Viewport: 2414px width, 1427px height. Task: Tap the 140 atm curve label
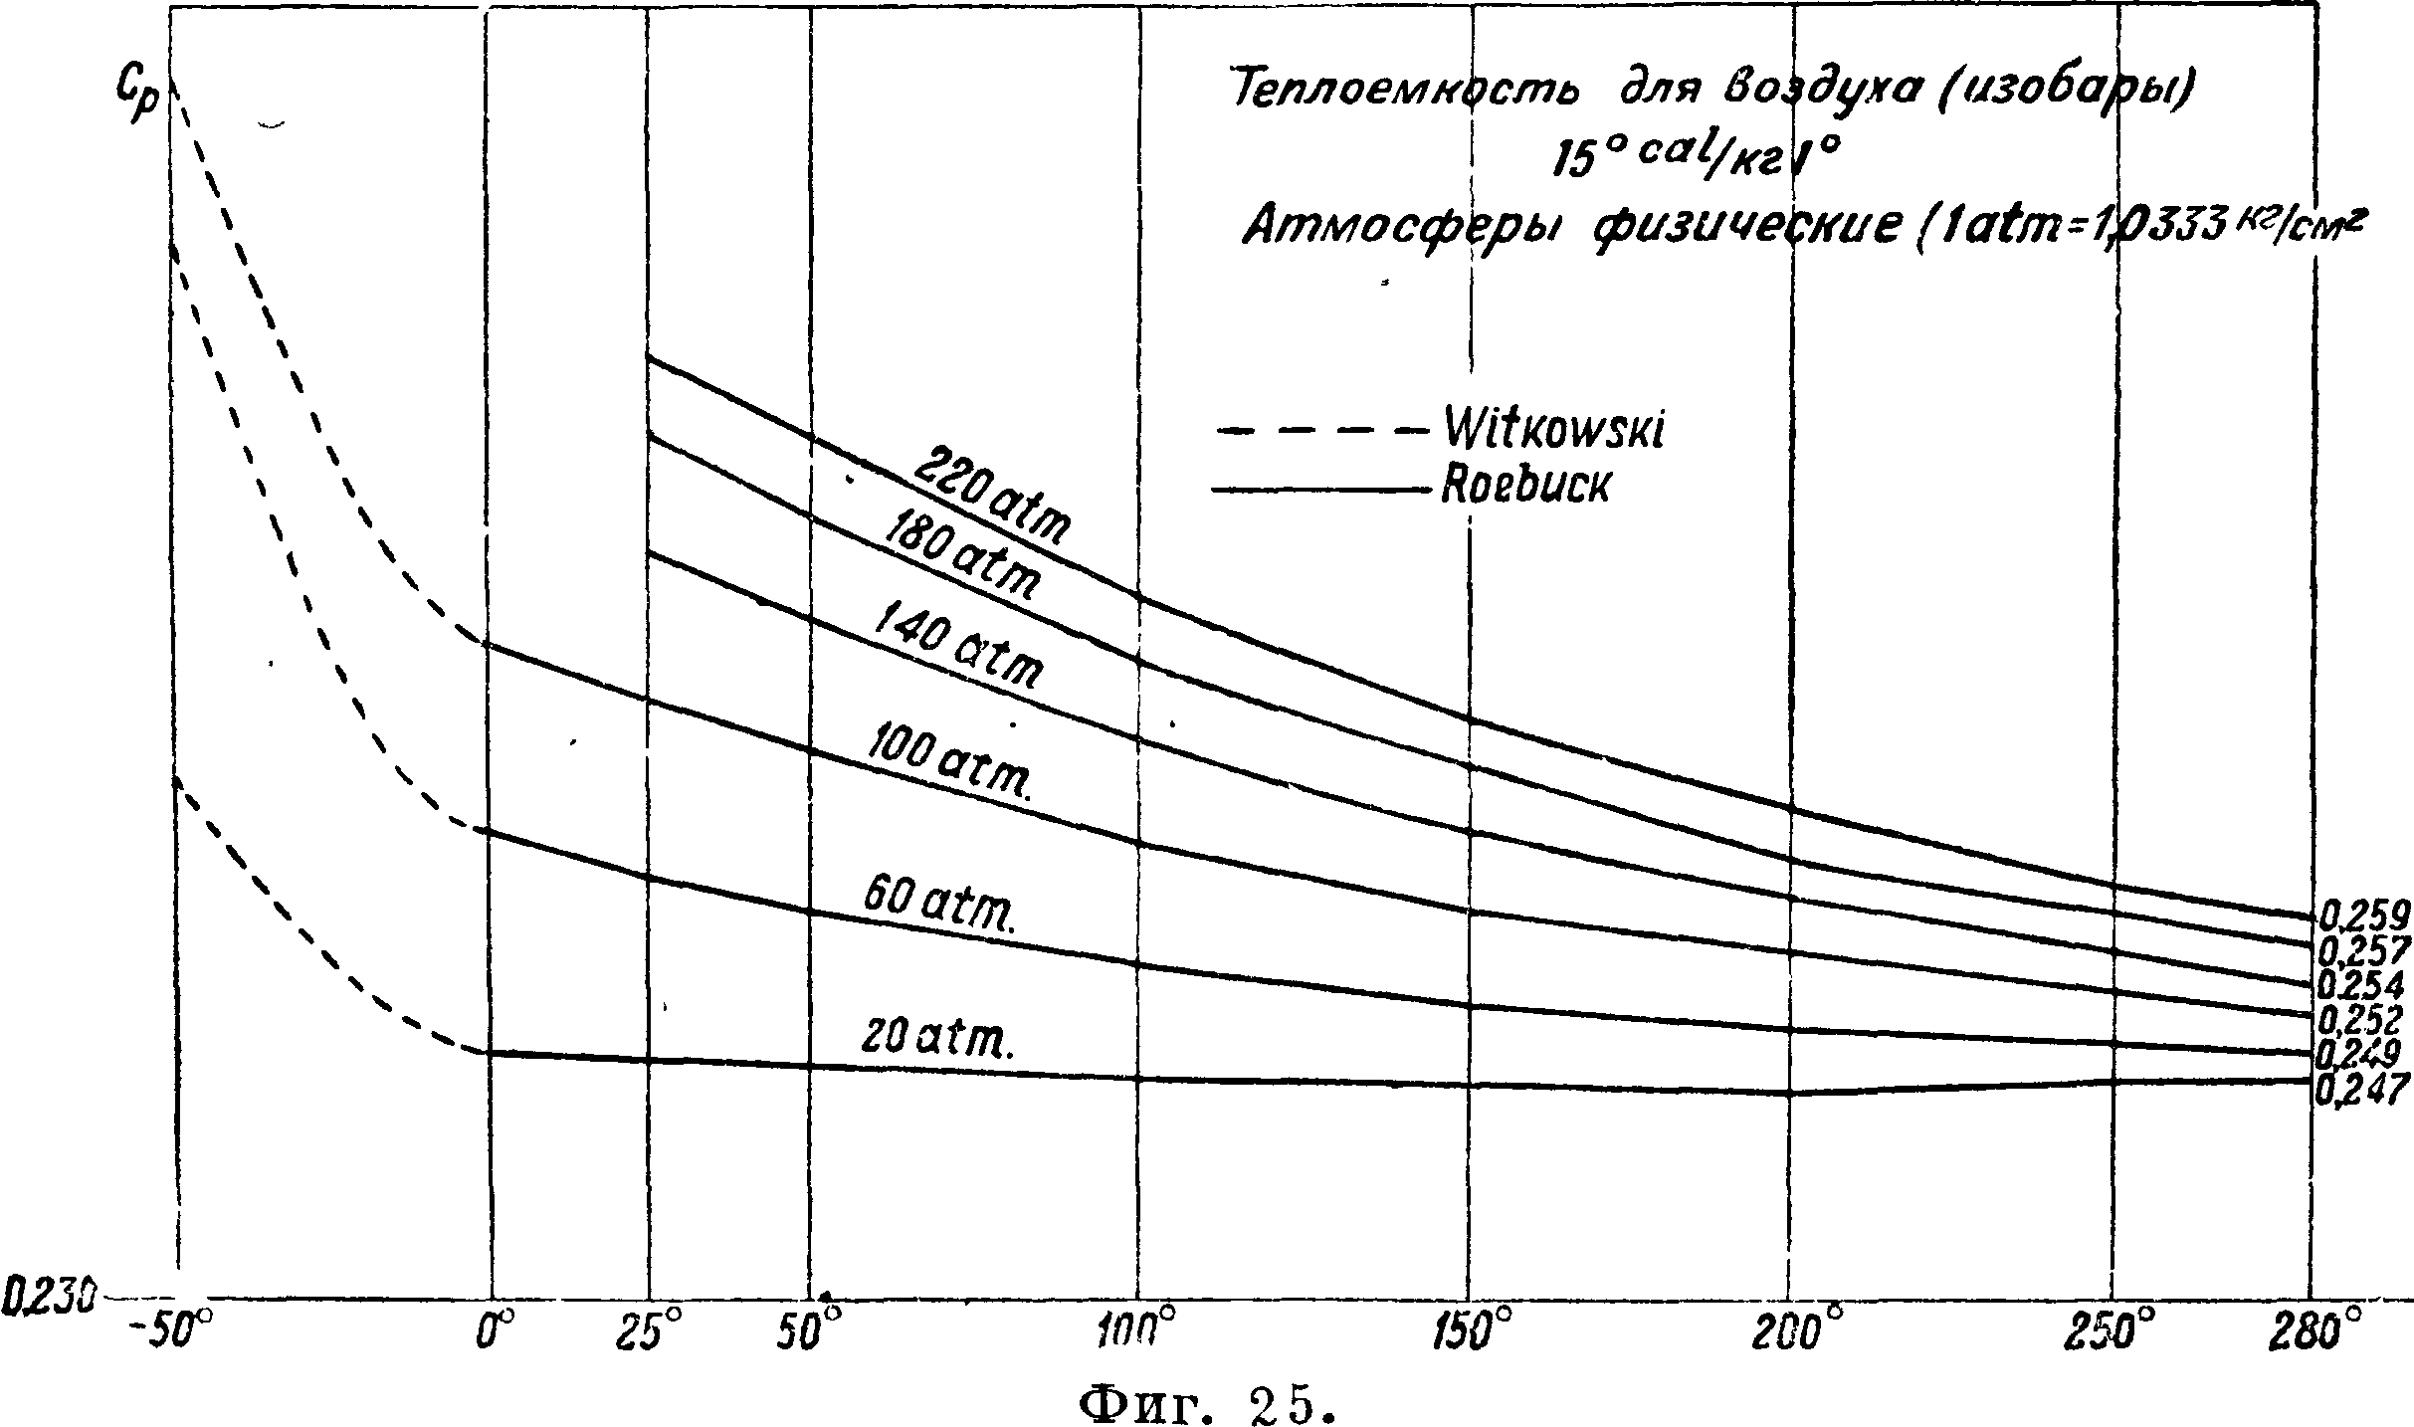pos(958,649)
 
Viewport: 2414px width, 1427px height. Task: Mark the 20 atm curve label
pos(935,1037)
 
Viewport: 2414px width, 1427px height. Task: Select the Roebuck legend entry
pos(1523,488)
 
